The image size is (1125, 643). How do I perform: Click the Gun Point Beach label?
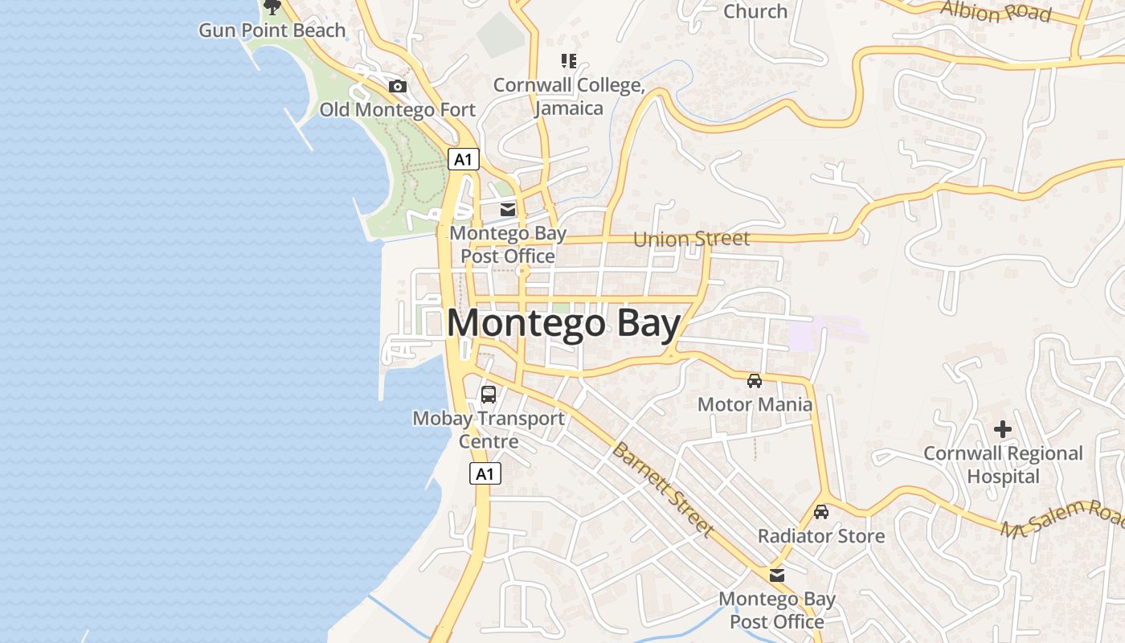point(272,31)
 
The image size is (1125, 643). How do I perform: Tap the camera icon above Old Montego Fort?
point(397,86)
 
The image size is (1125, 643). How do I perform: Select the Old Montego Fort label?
point(398,109)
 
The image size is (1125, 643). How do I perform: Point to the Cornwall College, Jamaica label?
point(569,96)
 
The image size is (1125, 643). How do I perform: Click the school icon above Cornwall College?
point(569,60)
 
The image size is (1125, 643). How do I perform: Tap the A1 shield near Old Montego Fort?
point(463,159)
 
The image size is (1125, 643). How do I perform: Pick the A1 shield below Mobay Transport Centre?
point(485,473)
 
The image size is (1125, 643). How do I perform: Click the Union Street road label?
point(691,239)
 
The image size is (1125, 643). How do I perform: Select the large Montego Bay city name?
point(563,323)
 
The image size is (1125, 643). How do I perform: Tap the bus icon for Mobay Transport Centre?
point(489,395)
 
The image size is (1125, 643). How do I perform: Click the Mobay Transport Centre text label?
point(489,430)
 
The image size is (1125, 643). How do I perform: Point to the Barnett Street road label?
point(662,489)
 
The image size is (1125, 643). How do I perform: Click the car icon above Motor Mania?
point(754,380)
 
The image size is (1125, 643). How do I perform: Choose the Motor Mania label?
point(755,404)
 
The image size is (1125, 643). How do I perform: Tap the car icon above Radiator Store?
point(820,511)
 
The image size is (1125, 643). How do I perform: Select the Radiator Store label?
point(821,536)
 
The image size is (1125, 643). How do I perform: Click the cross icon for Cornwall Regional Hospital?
point(1002,429)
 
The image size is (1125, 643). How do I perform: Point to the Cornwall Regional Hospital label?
point(1003,465)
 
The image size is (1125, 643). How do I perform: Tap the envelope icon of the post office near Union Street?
point(508,210)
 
